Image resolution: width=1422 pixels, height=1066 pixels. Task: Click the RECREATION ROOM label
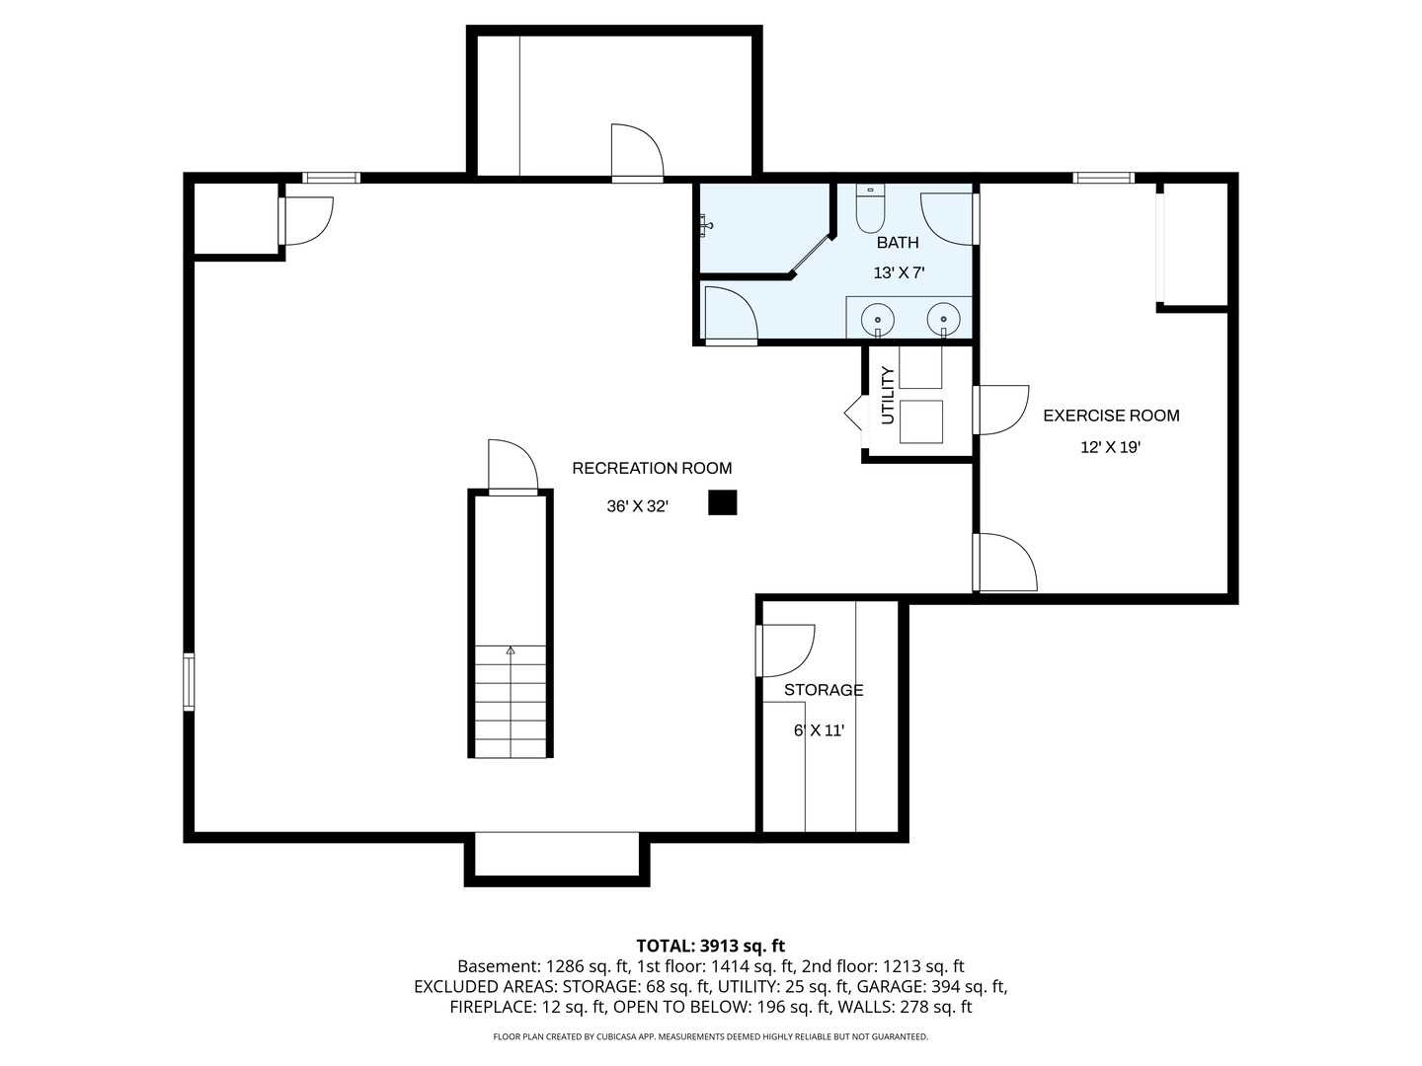coord(652,468)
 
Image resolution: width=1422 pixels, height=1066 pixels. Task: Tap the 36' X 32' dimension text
coord(638,506)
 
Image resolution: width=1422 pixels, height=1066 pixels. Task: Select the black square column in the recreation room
coord(722,502)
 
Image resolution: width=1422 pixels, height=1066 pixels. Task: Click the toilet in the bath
coord(870,208)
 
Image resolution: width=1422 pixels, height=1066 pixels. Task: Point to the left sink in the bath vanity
coord(878,320)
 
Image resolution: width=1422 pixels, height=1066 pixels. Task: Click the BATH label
coord(898,243)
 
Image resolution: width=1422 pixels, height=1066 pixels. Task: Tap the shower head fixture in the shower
coord(706,225)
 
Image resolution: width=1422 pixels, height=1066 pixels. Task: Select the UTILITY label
coord(888,396)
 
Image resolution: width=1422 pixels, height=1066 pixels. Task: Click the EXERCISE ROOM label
coord(1111,416)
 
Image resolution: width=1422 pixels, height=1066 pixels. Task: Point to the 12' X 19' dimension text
coord(1110,447)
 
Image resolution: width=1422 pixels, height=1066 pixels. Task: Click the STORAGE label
coord(824,690)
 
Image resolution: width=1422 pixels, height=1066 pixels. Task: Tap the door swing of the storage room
coord(785,650)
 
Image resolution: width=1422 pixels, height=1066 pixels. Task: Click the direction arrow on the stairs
coord(511,650)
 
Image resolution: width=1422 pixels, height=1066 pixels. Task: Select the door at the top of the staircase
coord(513,467)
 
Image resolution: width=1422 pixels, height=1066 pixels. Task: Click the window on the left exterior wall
coord(189,682)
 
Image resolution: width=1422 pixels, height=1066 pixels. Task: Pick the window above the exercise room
coord(1103,178)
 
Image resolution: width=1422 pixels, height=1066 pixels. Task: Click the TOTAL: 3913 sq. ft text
coord(711,946)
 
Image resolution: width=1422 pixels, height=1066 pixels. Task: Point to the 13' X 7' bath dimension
coord(899,273)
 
